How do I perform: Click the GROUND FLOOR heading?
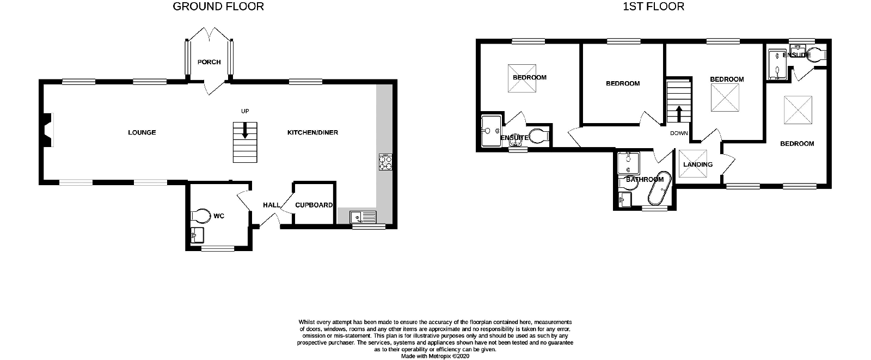pos(218,7)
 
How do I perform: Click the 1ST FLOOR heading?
pos(654,7)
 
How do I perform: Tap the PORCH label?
pos(209,62)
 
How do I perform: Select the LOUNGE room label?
pos(142,132)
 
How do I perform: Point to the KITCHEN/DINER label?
pos(312,132)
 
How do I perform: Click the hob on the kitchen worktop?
pos(385,162)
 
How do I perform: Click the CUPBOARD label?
pos(314,205)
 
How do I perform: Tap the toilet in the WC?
pos(201,216)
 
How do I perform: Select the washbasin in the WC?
pos(197,235)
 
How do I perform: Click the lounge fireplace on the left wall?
pos(47,130)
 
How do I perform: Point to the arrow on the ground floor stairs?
pos(245,130)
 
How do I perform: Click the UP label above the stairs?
pos(245,111)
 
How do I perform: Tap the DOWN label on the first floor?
pos(679,133)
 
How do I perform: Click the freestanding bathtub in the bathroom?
pos(660,188)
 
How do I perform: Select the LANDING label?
pos(698,164)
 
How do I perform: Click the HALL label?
pos(272,205)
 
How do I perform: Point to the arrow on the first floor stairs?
pos(679,114)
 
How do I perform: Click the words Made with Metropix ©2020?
pos(435,356)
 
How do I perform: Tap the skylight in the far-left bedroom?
pos(522,78)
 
